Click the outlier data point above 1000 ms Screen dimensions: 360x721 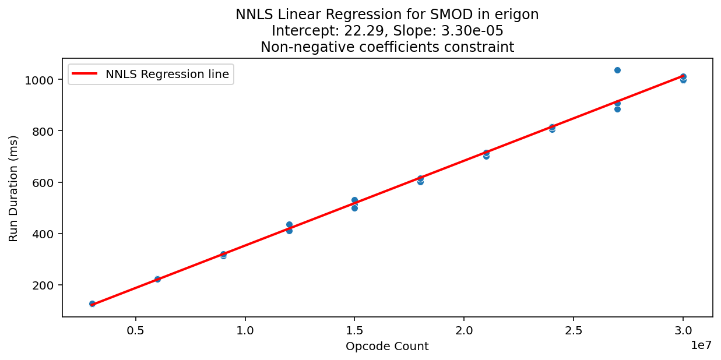617,70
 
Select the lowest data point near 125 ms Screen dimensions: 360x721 92,303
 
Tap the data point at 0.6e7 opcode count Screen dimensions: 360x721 157,279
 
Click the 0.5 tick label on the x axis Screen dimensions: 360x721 135,328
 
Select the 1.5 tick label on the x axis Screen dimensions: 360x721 354,328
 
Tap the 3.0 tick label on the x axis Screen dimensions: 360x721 683,328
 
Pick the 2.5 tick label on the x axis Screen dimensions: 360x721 574,328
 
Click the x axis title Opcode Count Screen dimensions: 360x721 387,347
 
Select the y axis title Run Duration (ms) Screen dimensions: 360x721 13,188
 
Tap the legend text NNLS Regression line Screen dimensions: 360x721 167,74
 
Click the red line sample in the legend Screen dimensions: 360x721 85,74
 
